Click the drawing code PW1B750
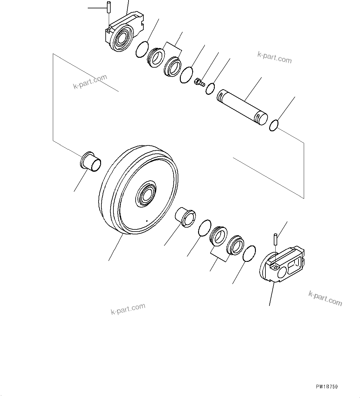(327, 387)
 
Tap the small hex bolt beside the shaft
(199, 82)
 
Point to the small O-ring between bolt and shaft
(210, 89)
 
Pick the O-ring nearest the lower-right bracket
(249, 254)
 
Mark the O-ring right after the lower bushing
(204, 228)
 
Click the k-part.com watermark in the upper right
(274, 57)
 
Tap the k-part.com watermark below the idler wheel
(128, 308)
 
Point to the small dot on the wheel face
(147, 221)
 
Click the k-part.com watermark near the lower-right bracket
(325, 298)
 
